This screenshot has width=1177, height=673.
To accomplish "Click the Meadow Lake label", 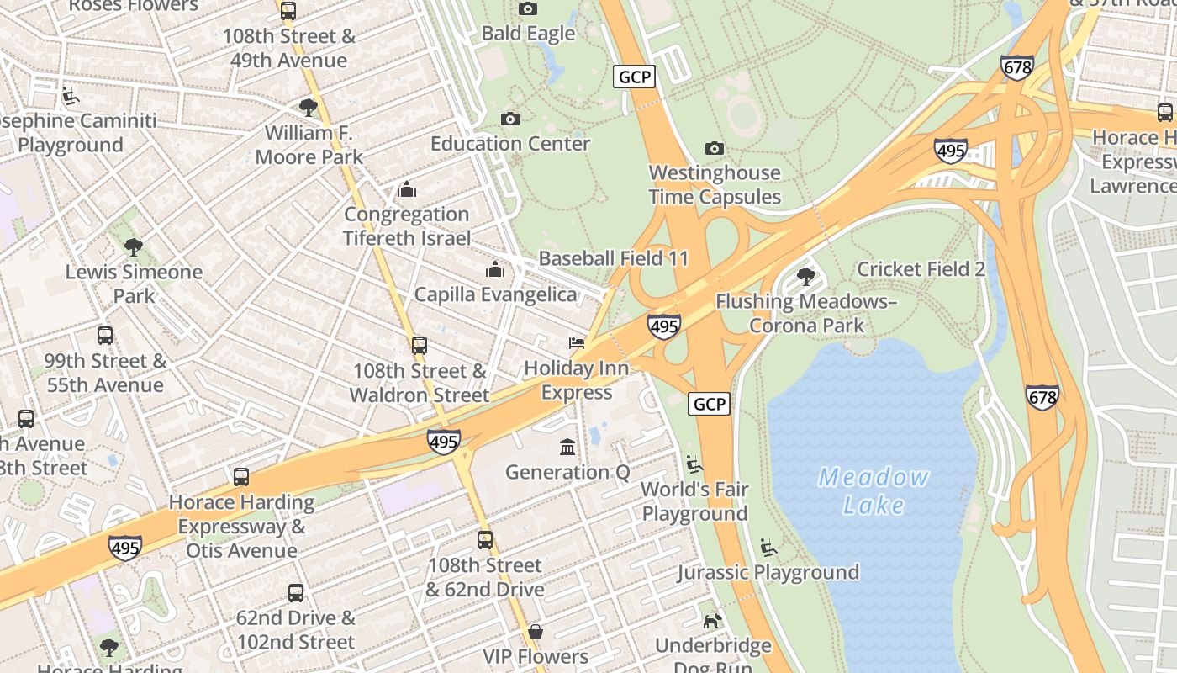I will (874, 491).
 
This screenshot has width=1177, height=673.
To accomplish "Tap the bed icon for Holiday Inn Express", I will (577, 343).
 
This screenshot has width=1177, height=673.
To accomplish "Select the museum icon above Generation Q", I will (567, 447).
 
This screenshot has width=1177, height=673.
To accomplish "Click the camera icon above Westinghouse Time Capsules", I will (715, 149).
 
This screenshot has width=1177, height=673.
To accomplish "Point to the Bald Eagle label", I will (528, 34).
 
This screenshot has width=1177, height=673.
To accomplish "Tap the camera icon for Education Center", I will (510, 119).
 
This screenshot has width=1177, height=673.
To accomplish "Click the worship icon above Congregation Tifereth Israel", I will (407, 189).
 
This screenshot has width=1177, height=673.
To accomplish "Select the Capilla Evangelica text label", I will (496, 294).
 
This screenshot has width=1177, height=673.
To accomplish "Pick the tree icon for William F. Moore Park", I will (309, 108).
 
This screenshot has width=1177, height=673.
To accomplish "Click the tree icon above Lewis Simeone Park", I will (134, 247).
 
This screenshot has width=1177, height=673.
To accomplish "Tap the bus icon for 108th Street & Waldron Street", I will (420, 346).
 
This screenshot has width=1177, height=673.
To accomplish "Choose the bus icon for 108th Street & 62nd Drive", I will (485, 540).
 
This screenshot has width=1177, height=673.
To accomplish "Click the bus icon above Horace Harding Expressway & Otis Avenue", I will (241, 477).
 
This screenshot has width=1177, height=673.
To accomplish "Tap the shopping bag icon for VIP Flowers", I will (536, 632).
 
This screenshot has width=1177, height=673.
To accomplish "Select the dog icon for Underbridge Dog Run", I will (713, 621).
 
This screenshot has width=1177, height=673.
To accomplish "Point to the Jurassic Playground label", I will (768, 572).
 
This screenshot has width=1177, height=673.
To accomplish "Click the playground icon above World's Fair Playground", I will (694, 464).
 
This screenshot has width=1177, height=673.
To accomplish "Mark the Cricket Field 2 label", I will (921, 269).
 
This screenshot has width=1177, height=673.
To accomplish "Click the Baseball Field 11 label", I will (613, 258).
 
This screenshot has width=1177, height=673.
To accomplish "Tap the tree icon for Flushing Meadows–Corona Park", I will (806, 276).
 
